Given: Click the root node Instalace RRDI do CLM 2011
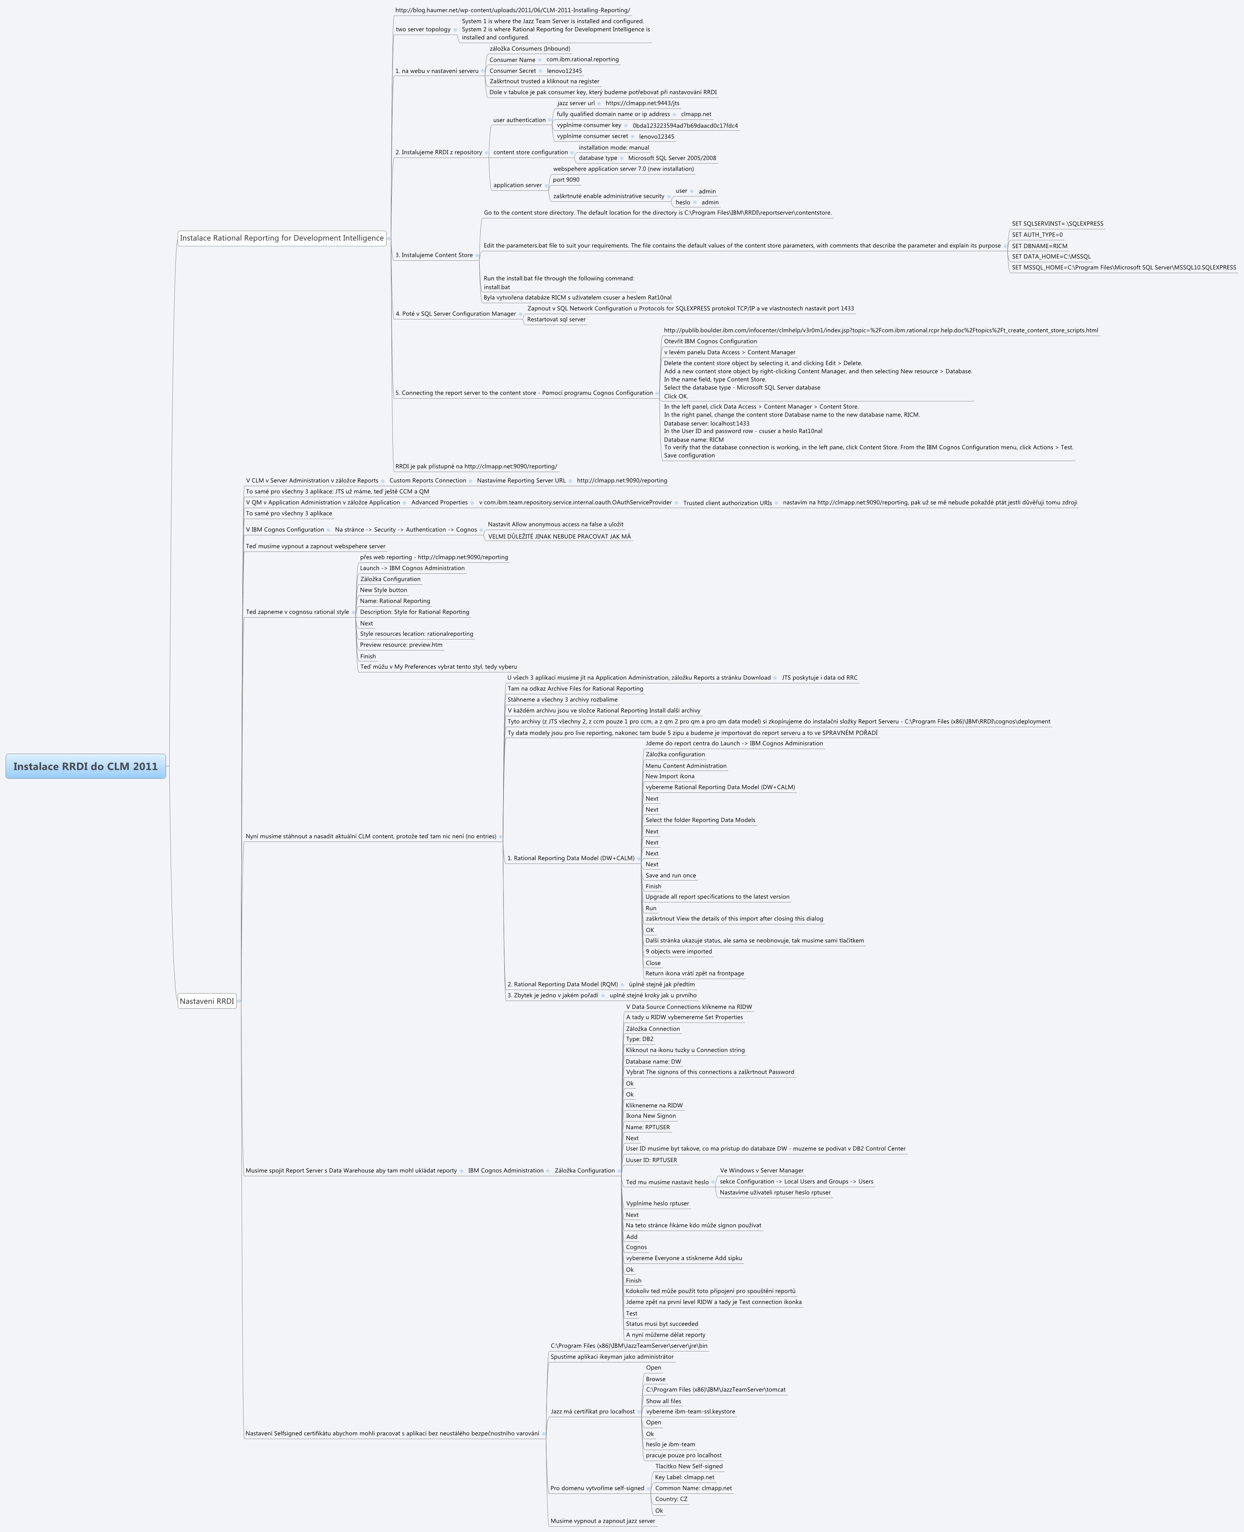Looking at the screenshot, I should [x=85, y=766].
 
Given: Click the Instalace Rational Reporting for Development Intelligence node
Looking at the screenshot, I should [x=282, y=238].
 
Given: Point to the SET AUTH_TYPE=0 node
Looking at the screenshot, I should [x=1037, y=234].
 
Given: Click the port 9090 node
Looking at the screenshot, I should [x=566, y=180].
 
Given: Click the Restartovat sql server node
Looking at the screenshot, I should [x=556, y=320].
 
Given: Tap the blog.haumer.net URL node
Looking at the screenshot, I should [x=512, y=10].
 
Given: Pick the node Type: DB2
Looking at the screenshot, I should [x=639, y=1039].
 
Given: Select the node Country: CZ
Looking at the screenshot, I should [x=671, y=1499].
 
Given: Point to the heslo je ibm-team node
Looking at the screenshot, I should [x=670, y=1445].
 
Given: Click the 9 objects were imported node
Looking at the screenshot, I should [x=679, y=951].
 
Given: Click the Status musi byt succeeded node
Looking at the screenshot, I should [x=661, y=1324].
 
